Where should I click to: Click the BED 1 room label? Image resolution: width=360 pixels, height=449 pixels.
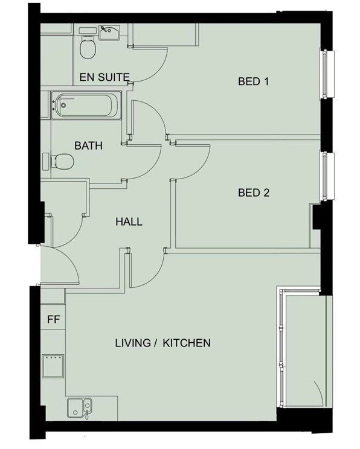pos(253,81)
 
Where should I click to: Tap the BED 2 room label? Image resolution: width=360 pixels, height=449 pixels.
pos(254,193)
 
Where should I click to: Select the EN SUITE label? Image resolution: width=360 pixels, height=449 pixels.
pos(104,77)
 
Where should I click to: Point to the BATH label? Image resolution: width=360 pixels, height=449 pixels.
pos(88,146)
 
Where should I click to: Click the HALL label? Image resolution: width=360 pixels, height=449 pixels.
pos(129,221)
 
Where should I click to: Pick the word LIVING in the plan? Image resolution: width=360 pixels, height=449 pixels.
pos(133,343)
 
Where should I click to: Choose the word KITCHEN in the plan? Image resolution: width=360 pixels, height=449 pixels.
pos(187,343)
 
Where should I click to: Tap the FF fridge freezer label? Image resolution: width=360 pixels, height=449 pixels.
pos(53,319)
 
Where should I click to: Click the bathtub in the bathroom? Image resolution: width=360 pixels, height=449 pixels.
pos(86,105)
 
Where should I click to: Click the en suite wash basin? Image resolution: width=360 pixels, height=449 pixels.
pos(110,32)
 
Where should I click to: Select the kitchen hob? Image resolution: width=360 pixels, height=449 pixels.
pos(53,366)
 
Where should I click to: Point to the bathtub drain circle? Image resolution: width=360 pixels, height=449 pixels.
pos(63,106)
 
